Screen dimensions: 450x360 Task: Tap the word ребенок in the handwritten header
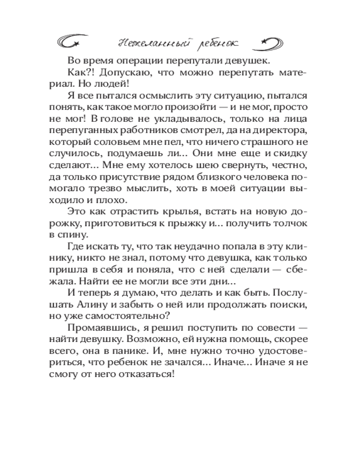pos(215,44)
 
